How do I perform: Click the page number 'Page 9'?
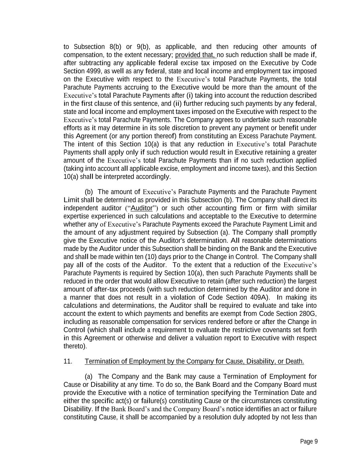click(309, 441)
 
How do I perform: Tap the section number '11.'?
click(68, 361)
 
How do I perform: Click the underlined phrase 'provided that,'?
click(196, 55)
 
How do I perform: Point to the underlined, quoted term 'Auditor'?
click(142, 208)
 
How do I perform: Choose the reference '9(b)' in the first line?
click(143, 47)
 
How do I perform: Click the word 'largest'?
click(307, 281)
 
